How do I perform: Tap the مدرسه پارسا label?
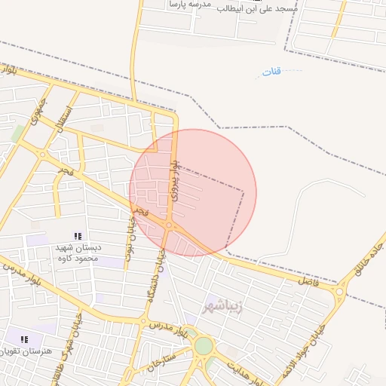coord(189,5)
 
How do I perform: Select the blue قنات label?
coord(271,72)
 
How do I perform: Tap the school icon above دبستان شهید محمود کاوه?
coord(78,236)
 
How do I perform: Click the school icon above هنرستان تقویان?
coord(23,339)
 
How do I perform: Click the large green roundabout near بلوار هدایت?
coord(204,346)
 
